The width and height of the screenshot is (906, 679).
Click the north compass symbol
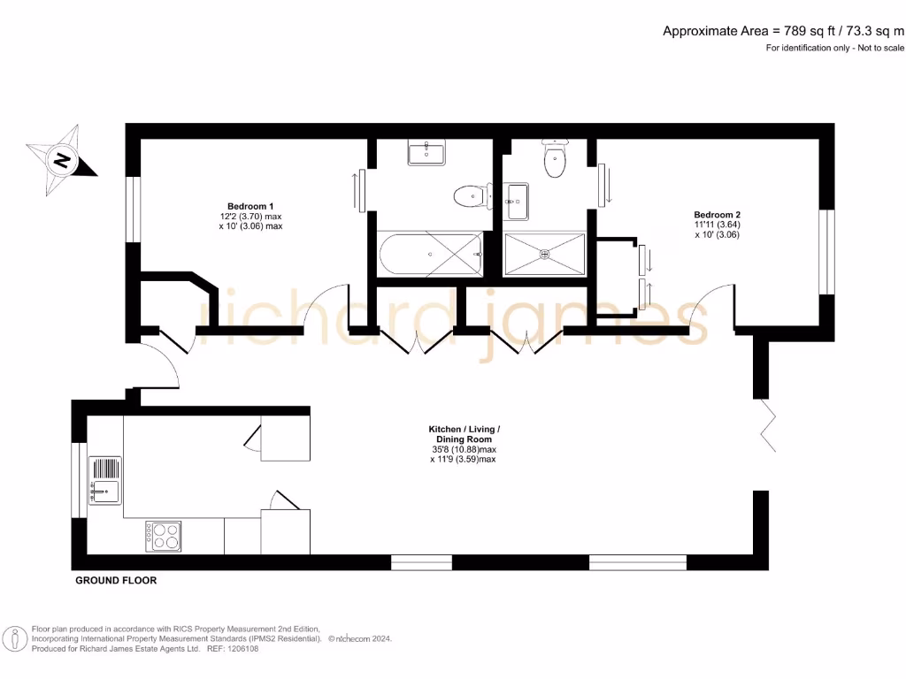[x=61, y=161]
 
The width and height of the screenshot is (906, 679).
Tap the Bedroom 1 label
[x=250, y=206]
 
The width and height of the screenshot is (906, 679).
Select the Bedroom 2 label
[x=716, y=215]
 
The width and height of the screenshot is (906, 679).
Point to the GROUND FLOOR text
[x=116, y=581]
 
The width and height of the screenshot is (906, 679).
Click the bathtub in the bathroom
[x=431, y=254]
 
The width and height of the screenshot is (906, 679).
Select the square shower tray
[x=544, y=255]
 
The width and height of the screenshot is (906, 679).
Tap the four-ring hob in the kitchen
[x=164, y=536]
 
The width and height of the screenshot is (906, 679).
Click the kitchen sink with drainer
[x=105, y=478]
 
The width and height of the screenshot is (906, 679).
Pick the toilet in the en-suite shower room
[x=555, y=160]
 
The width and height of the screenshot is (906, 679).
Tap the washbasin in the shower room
[x=517, y=202]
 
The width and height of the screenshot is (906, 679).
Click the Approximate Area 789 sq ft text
[x=784, y=31]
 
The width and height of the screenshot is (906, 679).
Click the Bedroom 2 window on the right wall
[x=826, y=251]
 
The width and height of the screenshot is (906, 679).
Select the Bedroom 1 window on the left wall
[x=132, y=210]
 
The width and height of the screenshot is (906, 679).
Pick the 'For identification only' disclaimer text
[x=835, y=48]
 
